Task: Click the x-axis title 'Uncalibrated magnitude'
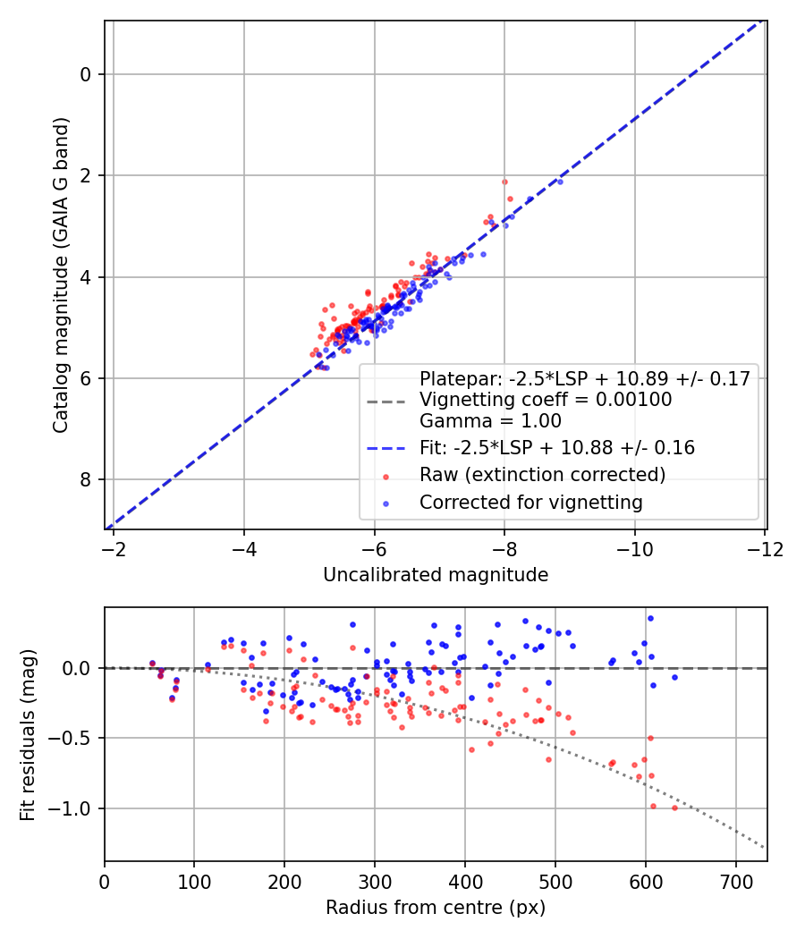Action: pyautogui.click(x=436, y=575)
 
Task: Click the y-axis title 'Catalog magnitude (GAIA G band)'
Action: pyautogui.click(x=61, y=275)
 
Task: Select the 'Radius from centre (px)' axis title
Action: pyautogui.click(x=436, y=908)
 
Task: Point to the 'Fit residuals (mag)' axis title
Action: pyautogui.click(x=28, y=734)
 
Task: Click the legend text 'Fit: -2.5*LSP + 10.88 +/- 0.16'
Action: pyautogui.click(x=557, y=446)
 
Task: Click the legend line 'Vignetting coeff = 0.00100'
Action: pyautogui.click(x=546, y=400)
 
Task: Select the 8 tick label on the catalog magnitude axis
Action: pyautogui.click(x=86, y=480)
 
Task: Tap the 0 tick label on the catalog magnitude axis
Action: pyautogui.click(x=86, y=74)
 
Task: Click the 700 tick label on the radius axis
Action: pyautogui.click(x=735, y=880)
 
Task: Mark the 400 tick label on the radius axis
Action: pyautogui.click(x=464, y=880)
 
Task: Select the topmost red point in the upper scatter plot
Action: pyautogui.click(x=504, y=182)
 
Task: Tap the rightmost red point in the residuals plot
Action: pyautogui.click(x=674, y=808)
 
